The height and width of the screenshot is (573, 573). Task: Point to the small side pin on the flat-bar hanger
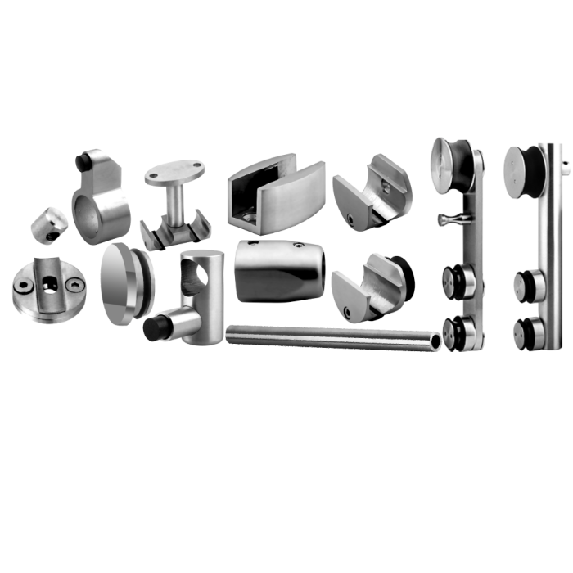pos(447,219)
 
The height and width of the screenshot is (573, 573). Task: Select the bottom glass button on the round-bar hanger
pos(526,329)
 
